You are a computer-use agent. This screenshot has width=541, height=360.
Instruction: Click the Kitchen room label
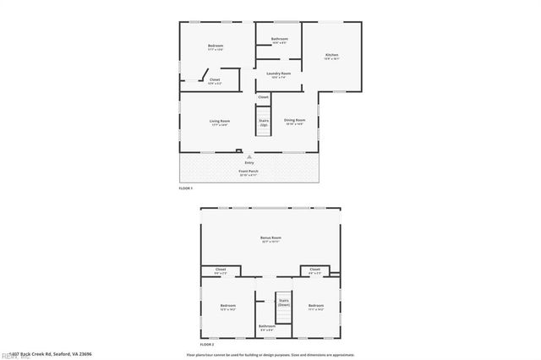(x=332, y=57)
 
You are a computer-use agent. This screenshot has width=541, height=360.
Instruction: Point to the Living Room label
(x=221, y=122)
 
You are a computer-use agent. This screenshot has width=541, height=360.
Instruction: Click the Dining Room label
(x=294, y=122)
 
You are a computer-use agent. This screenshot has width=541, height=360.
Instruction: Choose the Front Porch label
(x=249, y=172)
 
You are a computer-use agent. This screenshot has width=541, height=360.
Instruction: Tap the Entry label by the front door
(x=249, y=162)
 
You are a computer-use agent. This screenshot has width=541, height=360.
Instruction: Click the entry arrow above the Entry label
(x=249, y=156)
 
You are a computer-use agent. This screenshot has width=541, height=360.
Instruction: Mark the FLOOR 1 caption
(x=186, y=188)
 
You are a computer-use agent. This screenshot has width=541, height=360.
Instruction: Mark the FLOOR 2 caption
(x=208, y=345)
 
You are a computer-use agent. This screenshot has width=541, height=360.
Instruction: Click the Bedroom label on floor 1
(x=215, y=46)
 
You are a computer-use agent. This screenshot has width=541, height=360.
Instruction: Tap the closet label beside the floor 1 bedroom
(x=215, y=81)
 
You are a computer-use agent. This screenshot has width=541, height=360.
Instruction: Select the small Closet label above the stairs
(x=263, y=97)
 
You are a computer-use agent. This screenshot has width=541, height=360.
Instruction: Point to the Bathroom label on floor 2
(x=267, y=327)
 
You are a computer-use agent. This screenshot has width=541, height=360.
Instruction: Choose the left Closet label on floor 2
(x=221, y=270)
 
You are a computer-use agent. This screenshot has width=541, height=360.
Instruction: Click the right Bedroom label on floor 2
(x=316, y=306)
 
